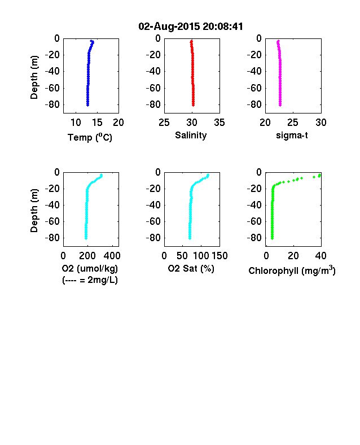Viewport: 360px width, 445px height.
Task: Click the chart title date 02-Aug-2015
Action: point(169,27)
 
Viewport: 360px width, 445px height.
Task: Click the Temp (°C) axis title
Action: point(90,137)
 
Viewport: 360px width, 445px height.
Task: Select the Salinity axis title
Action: point(191,135)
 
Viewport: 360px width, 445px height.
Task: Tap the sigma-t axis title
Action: point(292,136)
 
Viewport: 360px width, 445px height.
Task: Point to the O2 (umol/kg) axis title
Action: point(90,268)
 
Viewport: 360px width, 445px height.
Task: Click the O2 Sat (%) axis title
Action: point(191,268)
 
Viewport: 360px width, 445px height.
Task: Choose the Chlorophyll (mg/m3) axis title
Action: point(292,270)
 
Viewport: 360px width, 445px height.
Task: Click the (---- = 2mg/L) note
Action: point(90,280)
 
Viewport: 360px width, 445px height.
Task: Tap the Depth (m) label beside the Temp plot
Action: point(34,77)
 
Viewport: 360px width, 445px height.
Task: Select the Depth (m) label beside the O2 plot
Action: point(34,211)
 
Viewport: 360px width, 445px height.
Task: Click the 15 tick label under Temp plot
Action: point(97,123)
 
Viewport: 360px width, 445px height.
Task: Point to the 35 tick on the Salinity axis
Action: point(219,123)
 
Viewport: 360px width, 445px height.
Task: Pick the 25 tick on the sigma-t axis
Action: point(293,123)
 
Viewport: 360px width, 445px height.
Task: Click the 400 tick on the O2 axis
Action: point(112,256)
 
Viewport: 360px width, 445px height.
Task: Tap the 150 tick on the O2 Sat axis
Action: point(219,256)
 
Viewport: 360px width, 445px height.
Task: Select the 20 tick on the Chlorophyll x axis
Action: point(293,256)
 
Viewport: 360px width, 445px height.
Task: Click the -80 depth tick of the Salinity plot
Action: point(153,104)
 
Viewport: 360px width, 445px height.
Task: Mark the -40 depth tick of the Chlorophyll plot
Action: point(254,205)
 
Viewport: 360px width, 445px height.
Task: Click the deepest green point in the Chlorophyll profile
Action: point(272,238)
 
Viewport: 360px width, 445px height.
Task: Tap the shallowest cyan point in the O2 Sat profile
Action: point(208,175)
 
